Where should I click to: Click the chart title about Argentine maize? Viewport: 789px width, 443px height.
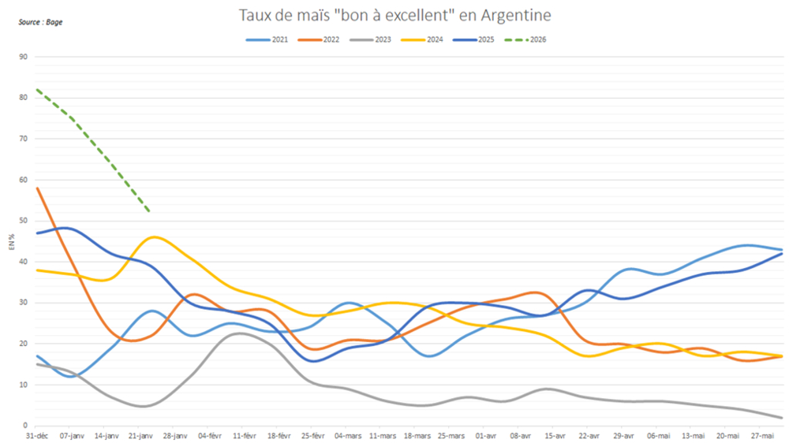(394, 15)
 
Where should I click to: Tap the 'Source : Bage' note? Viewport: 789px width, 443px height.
(40, 22)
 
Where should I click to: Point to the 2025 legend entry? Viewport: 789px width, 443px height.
(484, 39)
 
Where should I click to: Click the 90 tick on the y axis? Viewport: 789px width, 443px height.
(24, 57)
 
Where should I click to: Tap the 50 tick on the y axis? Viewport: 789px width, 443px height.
(24, 221)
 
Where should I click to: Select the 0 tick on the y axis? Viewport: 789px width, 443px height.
(26, 426)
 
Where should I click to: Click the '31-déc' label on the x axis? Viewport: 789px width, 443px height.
(37, 435)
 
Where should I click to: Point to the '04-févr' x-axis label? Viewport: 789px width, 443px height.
(209, 435)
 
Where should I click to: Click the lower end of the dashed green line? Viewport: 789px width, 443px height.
(150, 211)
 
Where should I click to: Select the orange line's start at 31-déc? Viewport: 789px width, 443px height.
(37, 188)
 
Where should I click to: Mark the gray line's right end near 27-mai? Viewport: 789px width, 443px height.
(781, 418)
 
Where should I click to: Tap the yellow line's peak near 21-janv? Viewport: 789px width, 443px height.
(155, 236)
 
